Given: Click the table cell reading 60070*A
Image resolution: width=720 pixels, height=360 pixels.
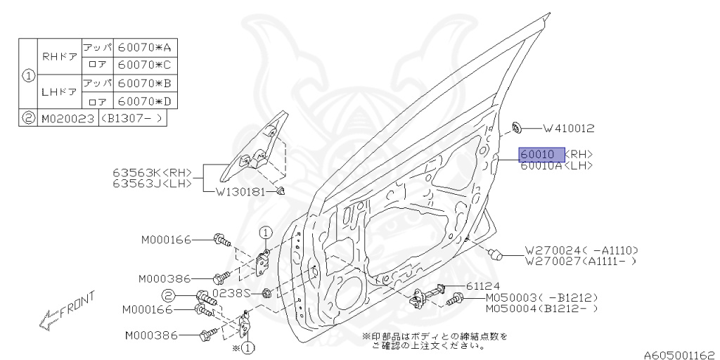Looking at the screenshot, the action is (145, 47).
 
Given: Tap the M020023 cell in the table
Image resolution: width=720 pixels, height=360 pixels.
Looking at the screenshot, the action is (68, 118).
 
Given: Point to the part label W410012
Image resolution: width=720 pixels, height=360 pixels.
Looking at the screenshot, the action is (569, 129).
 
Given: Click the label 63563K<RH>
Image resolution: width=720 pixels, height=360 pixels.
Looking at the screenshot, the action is (152, 173).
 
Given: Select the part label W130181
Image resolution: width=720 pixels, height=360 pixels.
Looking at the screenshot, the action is (240, 192).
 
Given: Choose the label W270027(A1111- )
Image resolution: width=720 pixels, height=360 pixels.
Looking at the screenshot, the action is (581, 262).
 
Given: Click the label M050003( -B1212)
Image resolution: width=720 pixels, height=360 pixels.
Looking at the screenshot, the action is (542, 297).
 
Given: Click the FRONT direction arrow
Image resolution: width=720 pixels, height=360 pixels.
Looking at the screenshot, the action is (66, 310).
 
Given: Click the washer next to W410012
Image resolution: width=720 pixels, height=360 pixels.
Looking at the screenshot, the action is (517, 127).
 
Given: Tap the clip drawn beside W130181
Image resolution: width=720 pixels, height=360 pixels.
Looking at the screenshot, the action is (281, 191).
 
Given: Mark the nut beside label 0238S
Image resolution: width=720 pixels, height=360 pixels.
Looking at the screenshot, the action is (267, 293).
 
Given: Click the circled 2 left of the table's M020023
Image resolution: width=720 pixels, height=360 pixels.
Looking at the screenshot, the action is (28, 118).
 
